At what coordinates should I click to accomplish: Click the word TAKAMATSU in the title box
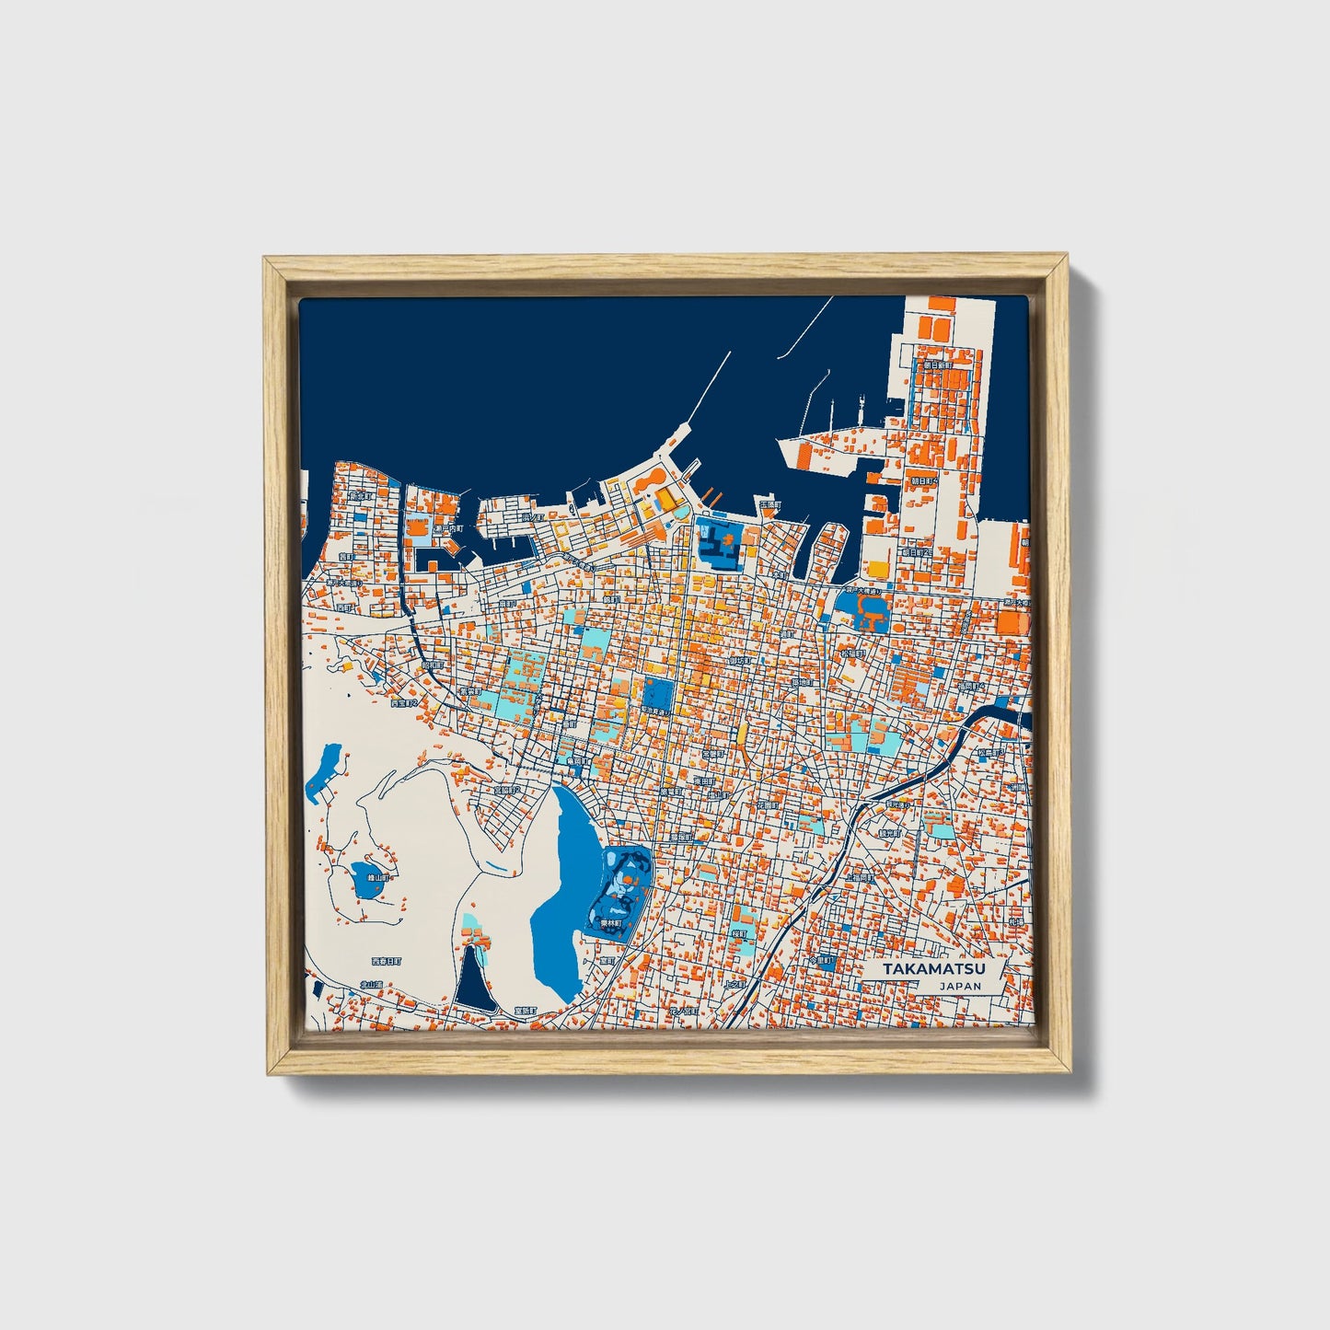click(x=933, y=969)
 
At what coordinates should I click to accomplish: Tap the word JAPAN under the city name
click(x=960, y=986)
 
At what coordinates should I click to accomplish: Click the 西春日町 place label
click(x=387, y=961)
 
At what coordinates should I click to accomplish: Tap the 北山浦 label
click(x=371, y=984)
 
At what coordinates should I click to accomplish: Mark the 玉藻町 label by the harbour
click(x=769, y=505)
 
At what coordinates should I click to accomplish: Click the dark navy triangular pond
click(x=474, y=980)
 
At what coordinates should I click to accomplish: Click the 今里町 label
click(x=822, y=960)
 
